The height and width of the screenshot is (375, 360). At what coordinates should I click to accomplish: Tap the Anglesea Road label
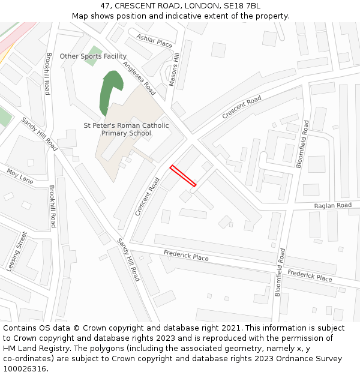[139, 79]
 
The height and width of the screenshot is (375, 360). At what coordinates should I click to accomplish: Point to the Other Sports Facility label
[93, 56]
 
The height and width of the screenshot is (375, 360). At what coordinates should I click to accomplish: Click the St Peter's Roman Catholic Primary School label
[126, 129]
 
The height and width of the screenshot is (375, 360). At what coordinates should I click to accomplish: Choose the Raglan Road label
[332, 205]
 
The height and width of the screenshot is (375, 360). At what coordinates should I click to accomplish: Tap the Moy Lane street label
[20, 175]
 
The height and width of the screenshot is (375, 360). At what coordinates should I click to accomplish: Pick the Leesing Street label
[17, 252]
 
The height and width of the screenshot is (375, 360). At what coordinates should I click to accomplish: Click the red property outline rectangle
[183, 176]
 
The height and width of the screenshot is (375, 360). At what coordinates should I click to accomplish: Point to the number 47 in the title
[105, 6]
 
